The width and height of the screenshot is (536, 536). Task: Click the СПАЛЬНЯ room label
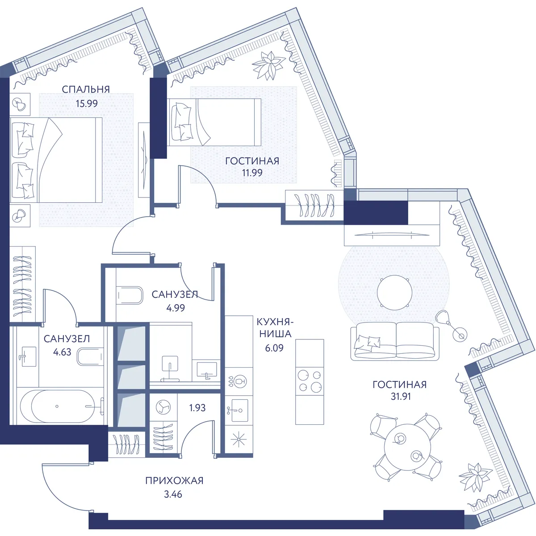(86, 89)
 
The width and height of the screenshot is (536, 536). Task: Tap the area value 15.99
(87, 104)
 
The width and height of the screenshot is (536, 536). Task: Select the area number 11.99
(252, 172)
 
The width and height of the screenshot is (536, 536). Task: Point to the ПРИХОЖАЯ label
(174, 480)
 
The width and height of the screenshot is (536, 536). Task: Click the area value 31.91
(401, 396)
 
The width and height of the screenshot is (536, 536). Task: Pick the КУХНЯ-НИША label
(275, 328)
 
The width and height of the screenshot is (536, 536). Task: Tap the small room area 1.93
(197, 408)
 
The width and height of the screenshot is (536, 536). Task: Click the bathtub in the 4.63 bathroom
(62, 406)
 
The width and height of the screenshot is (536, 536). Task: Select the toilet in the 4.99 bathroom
(130, 295)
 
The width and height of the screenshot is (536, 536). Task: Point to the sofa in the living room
(395, 342)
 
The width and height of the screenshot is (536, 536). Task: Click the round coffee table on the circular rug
(394, 292)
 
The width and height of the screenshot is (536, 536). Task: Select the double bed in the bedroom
(56, 160)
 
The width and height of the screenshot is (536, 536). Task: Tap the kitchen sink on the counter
(239, 410)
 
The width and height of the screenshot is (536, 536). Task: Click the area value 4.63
(62, 352)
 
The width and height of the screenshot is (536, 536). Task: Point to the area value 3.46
(173, 494)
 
